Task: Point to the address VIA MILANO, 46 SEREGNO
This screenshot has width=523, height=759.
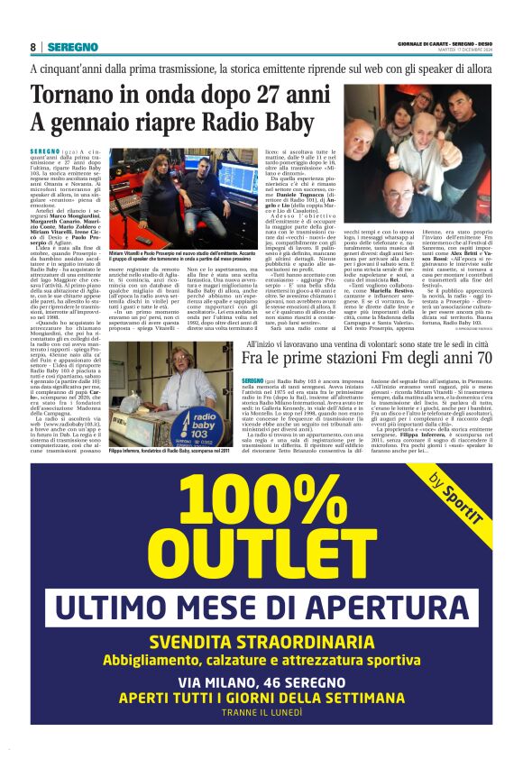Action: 261,682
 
